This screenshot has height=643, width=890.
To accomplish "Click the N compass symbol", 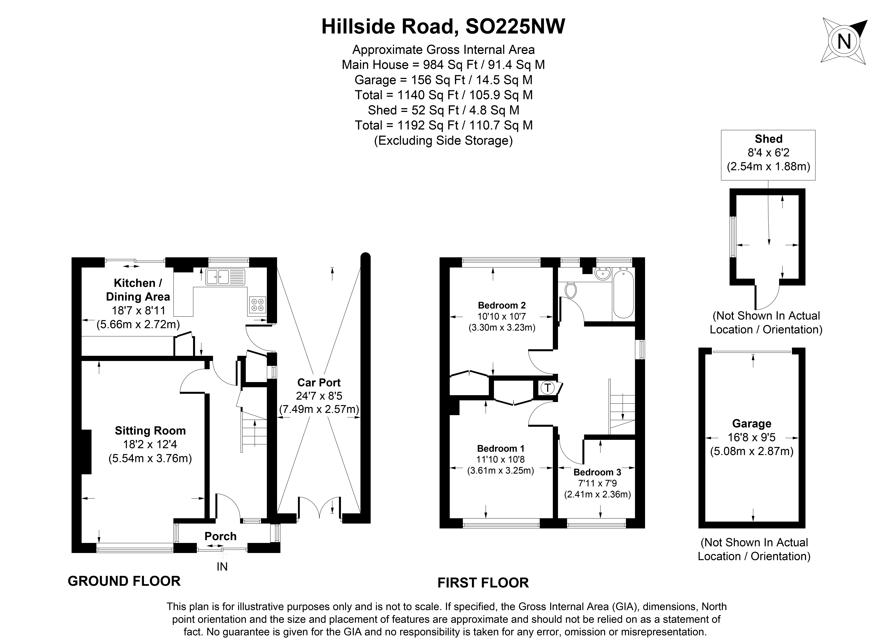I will (x=844, y=41).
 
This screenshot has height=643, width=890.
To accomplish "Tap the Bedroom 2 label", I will (x=501, y=305).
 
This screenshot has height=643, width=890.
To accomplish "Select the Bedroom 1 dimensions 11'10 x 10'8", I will (x=500, y=459).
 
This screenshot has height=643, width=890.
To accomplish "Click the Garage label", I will (x=751, y=424).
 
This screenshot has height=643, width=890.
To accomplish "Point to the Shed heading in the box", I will (x=768, y=139).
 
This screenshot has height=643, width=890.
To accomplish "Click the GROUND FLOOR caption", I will (x=124, y=581).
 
